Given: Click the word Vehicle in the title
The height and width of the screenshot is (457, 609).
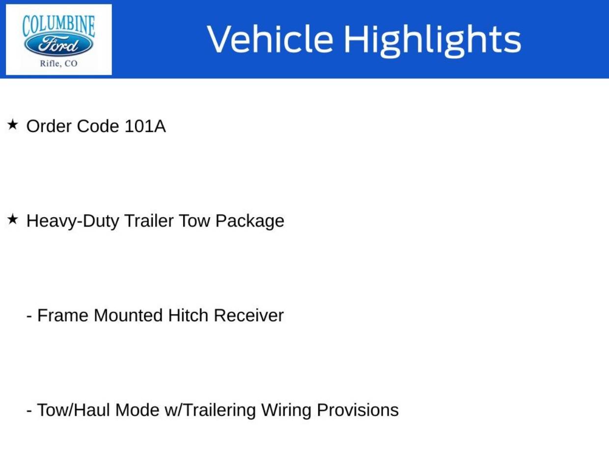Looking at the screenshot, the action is [270, 39].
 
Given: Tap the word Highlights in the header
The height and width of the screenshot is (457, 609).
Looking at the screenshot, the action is [433, 41].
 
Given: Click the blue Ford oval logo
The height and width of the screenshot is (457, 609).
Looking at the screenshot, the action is [58, 44].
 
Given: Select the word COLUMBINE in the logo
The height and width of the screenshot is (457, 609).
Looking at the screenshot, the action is [58, 26].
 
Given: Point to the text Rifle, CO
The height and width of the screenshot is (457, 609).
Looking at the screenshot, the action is [58, 63].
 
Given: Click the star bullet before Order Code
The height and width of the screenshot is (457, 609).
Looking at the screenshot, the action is [12, 125].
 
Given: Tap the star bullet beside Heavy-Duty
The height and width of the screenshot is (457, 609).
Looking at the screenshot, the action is [12, 219].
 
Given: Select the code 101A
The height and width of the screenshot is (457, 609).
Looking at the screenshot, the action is [145, 126].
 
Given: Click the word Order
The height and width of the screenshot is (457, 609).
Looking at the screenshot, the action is [49, 126].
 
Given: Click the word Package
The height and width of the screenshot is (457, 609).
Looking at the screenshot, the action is [249, 222].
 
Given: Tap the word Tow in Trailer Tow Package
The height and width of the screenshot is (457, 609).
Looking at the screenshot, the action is [194, 221].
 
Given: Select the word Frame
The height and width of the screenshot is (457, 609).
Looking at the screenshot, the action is [63, 315].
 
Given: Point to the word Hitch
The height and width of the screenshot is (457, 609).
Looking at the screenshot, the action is [188, 315].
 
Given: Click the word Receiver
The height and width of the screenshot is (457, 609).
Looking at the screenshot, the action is [249, 315].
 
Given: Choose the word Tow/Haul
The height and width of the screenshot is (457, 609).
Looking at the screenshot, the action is [74, 410].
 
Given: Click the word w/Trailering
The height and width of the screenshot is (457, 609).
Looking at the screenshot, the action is [210, 411].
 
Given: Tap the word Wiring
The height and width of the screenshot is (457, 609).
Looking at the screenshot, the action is [286, 411].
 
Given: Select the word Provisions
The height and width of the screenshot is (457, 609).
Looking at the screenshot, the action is [358, 410].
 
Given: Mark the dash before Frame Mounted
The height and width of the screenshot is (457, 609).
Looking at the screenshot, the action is [29, 317].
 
